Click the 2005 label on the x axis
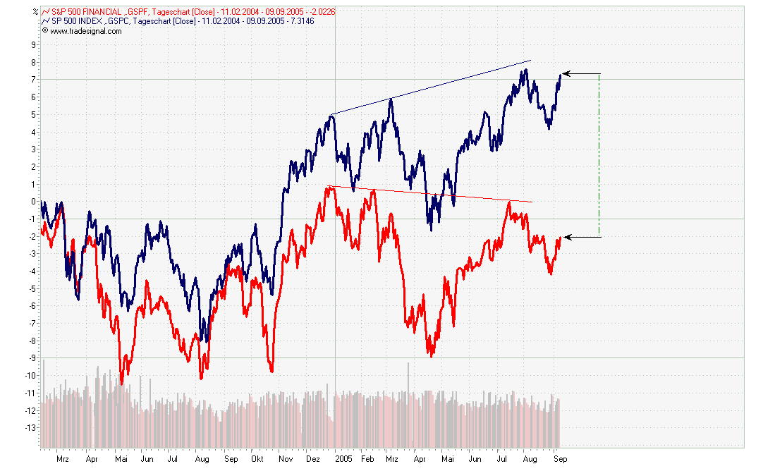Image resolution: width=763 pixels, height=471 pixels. point(343,458)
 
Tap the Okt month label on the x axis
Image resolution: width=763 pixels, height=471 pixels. point(257,458)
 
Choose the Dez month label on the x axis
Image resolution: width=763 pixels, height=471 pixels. point(312,458)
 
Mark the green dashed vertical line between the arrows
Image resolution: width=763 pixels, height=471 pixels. point(599,155)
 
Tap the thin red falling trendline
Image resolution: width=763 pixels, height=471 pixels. point(430,194)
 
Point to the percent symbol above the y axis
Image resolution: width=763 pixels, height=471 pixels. point(35,11)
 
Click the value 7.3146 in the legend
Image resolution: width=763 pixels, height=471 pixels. point(300,21)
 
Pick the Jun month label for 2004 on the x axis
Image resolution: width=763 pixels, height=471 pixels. point(147,458)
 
